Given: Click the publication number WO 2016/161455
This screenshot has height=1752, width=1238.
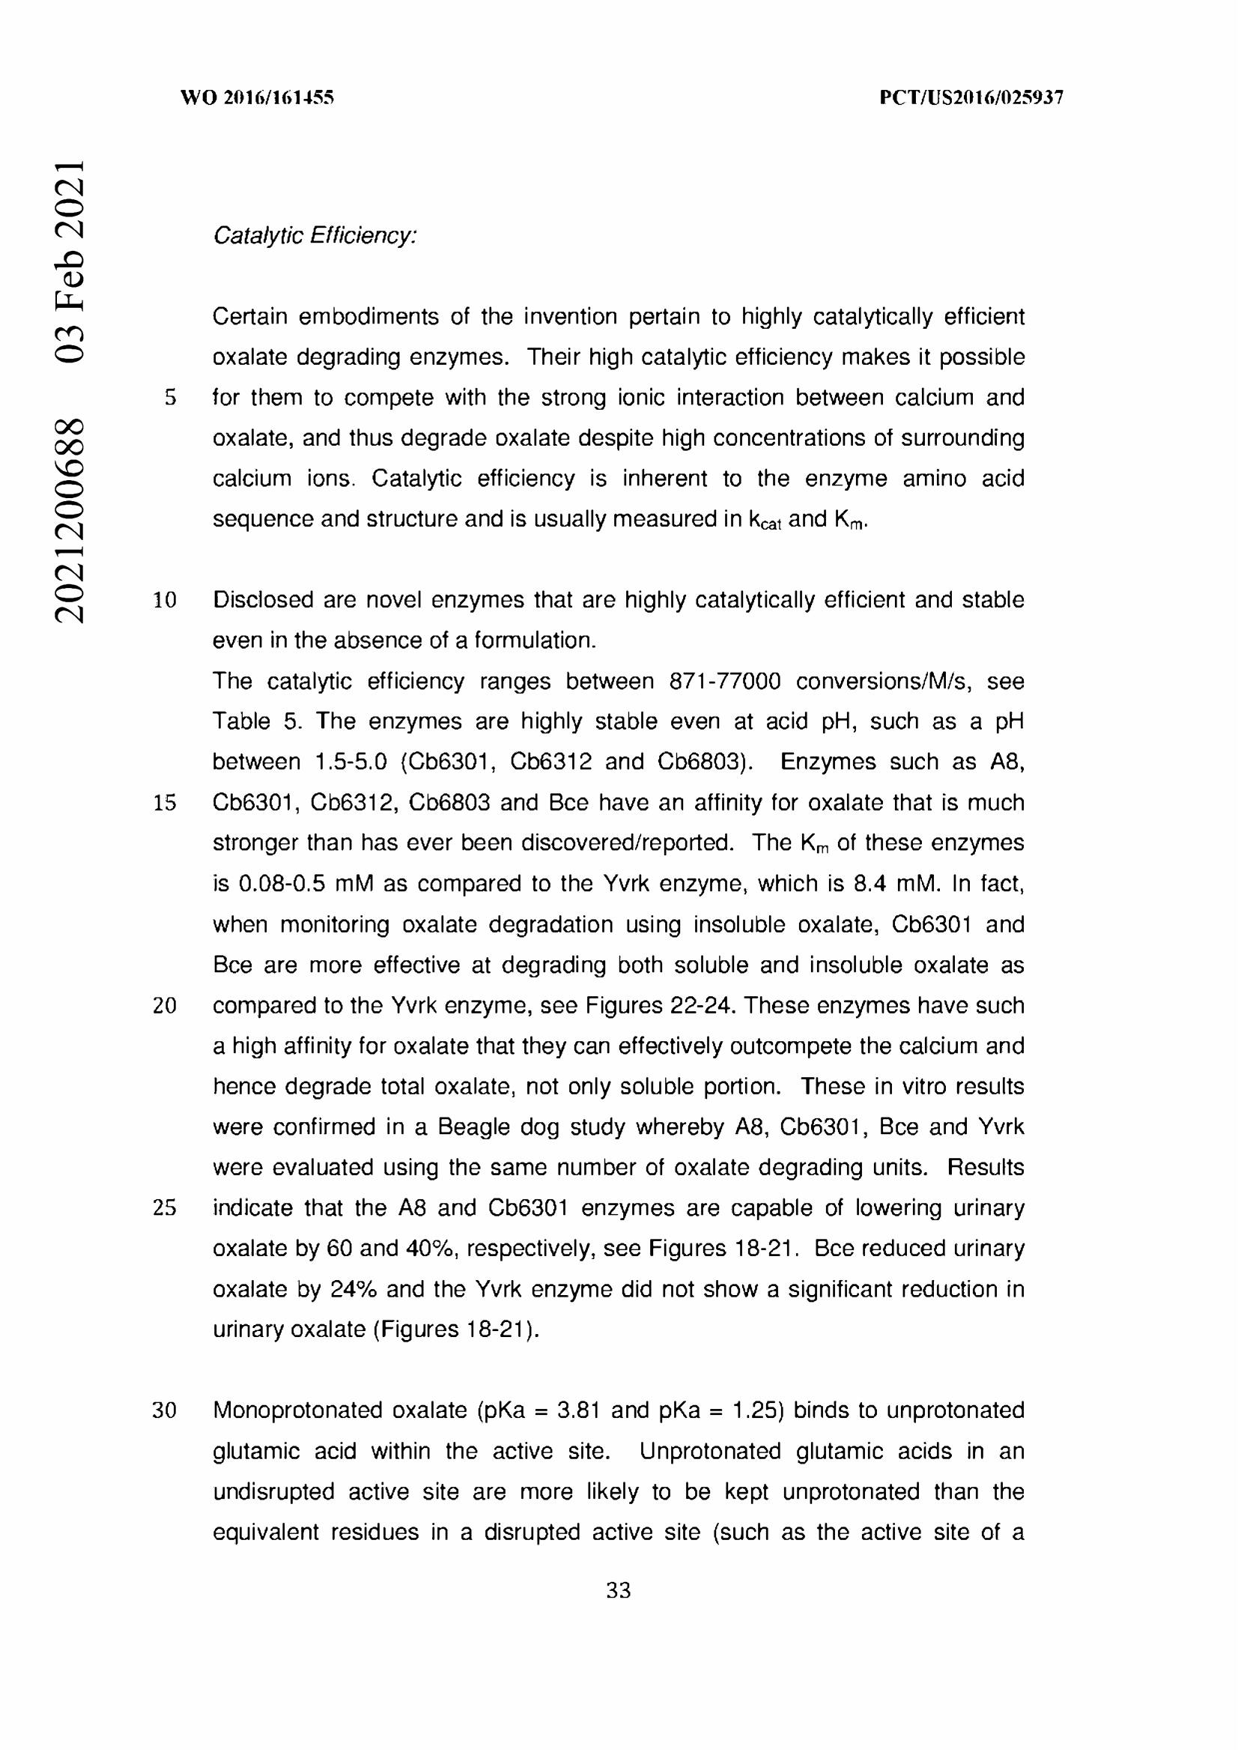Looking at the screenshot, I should click(257, 97).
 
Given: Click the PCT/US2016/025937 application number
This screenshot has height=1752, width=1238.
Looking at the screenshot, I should click(971, 97).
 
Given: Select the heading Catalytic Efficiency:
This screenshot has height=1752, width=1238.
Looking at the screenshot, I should click(315, 236).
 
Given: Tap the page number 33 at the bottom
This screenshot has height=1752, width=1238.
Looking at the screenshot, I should click(618, 1590).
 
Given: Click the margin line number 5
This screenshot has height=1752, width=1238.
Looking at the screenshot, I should click(170, 398).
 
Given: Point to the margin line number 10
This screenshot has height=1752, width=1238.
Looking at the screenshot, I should click(165, 601).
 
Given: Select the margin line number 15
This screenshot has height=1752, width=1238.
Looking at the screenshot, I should click(165, 803).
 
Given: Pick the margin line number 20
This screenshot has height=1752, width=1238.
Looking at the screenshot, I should click(165, 1006).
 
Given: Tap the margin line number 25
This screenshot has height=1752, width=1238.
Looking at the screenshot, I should click(165, 1208).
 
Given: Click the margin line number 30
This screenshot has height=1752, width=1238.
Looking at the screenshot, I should click(165, 1410).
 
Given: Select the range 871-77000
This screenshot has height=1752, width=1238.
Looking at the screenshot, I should click(725, 682).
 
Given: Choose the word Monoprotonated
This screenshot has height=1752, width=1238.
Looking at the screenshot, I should click(296, 1410).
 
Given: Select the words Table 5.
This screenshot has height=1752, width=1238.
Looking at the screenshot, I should click(256, 722).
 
